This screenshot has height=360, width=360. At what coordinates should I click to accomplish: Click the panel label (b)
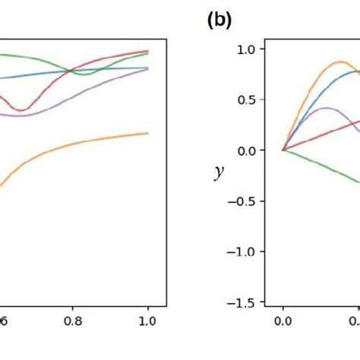219,21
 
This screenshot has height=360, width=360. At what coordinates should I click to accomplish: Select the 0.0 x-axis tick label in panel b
283,321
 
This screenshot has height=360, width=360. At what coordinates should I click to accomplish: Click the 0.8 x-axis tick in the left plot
73,321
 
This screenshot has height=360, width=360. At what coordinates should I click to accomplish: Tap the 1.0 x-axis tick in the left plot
147,321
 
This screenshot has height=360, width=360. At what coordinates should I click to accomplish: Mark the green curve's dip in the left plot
85,74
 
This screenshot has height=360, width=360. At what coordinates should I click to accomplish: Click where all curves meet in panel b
283,150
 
